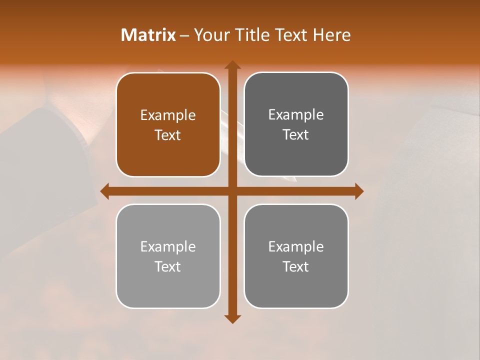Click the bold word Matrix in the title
pos(148,35)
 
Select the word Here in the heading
pos(332,35)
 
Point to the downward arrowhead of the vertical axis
pos(232,318)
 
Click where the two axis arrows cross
pos(232,191)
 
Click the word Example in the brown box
pos(168,115)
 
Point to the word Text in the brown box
pos(168,135)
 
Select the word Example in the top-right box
pos(296,115)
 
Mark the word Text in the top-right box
pos(296,134)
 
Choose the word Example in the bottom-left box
pos(168,246)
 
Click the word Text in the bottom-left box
pos(168,266)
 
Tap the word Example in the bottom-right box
pos(296,246)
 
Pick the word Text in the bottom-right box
pos(296,266)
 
